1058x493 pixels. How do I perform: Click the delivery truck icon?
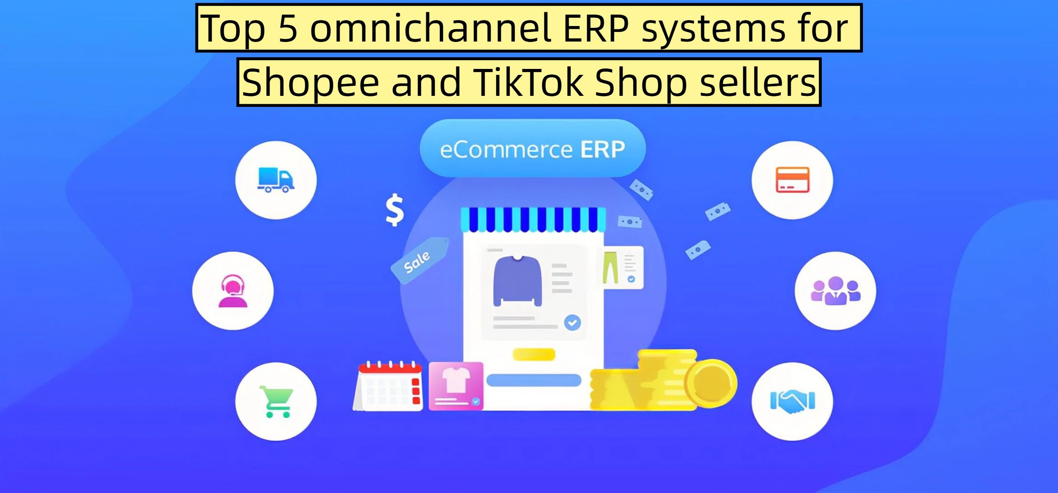pyautogui.click(x=276, y=180)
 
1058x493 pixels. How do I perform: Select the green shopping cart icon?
pyautogui.click(x=276, y=402)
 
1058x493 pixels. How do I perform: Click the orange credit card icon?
pyautogui.click(x=793, y=180)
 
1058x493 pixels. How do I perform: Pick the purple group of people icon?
pyautogui.click(x=836, y=291)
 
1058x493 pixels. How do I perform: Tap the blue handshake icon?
pyautogui.click(x=793, y=401)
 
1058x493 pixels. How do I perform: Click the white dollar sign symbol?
pyautogui.click(x=395, y=210)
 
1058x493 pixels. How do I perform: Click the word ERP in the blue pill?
pyautogui.click(x=602, y=149)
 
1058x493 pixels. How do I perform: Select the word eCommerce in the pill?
pyautogui.click(x=506, y=150)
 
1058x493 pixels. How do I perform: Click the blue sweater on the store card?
pyautogui.click(x=517, y=280)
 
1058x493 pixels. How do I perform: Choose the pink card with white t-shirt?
pyautogui.click(x=455, y=386)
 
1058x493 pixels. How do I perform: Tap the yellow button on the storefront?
pyautogui.click(x=534, y=355)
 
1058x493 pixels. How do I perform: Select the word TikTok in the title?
pyautogui.click(x=528, y=83)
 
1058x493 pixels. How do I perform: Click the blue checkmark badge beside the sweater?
pyautogui.click(x=572, y=323)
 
